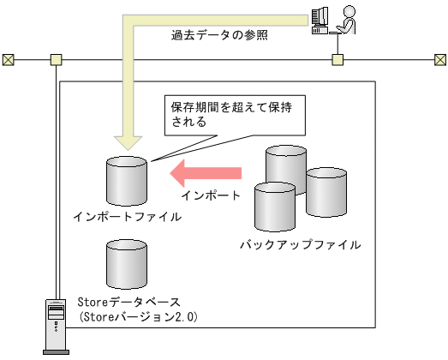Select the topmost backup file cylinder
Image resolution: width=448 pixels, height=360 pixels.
click(x=286, y=168)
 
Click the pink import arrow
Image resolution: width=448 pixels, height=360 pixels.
click(x=205, y=174)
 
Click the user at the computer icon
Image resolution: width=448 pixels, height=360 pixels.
click(x=332, y=19)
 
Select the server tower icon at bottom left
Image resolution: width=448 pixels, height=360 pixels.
click(x=55, y=324)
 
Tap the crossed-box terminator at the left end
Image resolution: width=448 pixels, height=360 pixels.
click(x=9, y=60)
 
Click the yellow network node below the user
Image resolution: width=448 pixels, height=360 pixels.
click(x=337, y=60)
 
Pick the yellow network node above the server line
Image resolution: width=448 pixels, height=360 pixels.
click(x=57, y=60)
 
